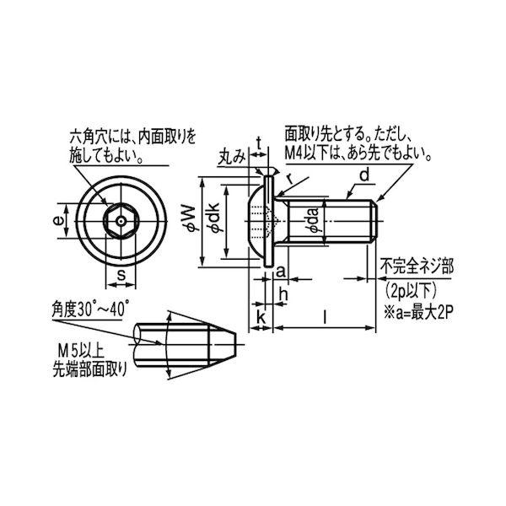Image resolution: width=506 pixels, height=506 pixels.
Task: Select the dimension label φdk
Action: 214,222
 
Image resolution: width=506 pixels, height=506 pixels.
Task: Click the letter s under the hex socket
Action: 120,276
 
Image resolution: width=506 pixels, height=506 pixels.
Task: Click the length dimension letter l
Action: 325,317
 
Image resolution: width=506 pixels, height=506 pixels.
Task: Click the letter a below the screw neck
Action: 280,272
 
